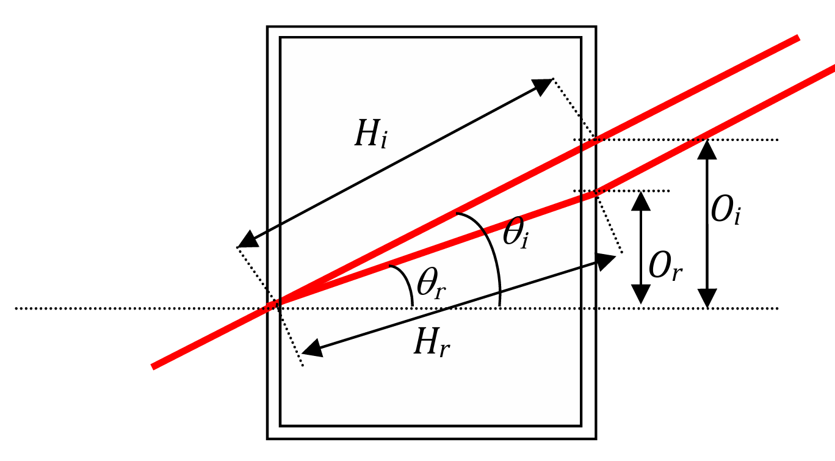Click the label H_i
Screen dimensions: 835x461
371,134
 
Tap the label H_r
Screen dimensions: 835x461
432,343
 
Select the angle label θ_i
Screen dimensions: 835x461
516,233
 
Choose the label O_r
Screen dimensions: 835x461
665,266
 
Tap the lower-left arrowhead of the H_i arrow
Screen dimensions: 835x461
248,239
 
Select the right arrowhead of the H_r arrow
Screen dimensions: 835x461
605,262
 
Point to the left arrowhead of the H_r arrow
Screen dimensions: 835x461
313,349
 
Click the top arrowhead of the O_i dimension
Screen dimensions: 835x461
707,150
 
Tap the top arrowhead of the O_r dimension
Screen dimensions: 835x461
641,201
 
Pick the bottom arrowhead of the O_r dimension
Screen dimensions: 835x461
641,294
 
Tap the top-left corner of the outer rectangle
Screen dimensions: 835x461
267,27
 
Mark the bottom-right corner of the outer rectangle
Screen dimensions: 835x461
596,439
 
